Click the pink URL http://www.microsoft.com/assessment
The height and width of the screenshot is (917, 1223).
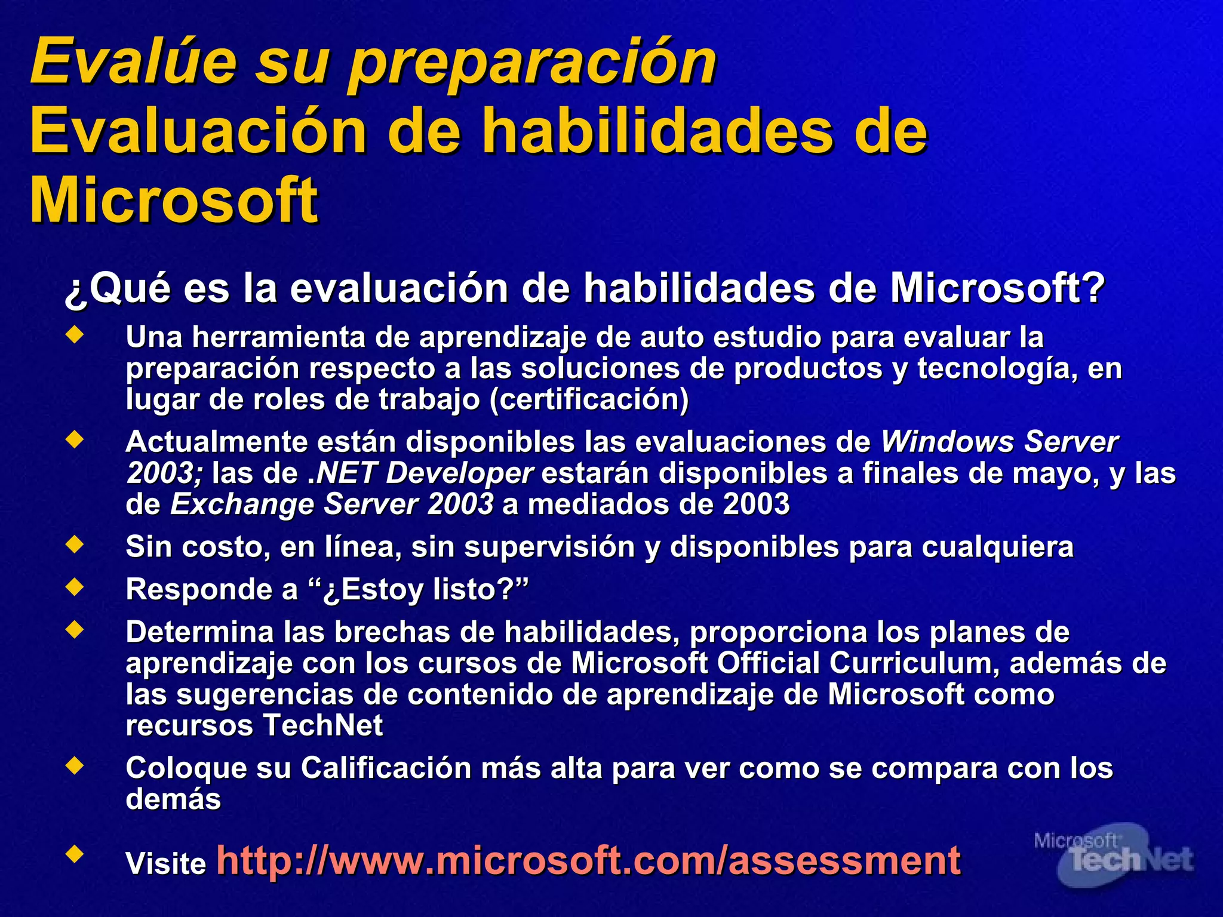[588, 860]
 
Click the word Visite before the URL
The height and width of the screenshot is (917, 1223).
[165, 863]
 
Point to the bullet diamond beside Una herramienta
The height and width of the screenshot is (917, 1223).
[75, 336]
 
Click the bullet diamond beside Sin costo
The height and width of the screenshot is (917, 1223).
[75, 544]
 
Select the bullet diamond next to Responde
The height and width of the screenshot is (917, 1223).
[75, 587]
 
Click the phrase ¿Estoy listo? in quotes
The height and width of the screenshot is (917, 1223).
[425, 590]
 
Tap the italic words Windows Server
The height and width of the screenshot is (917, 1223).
[999, 442]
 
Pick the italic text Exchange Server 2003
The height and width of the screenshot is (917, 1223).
[332, 504]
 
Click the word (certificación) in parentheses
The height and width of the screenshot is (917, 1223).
[589, 399]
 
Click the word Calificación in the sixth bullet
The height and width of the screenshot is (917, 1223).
[386, 768]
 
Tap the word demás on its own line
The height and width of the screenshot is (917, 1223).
[173, 799]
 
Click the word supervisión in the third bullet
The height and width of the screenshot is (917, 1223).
[549, 547]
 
